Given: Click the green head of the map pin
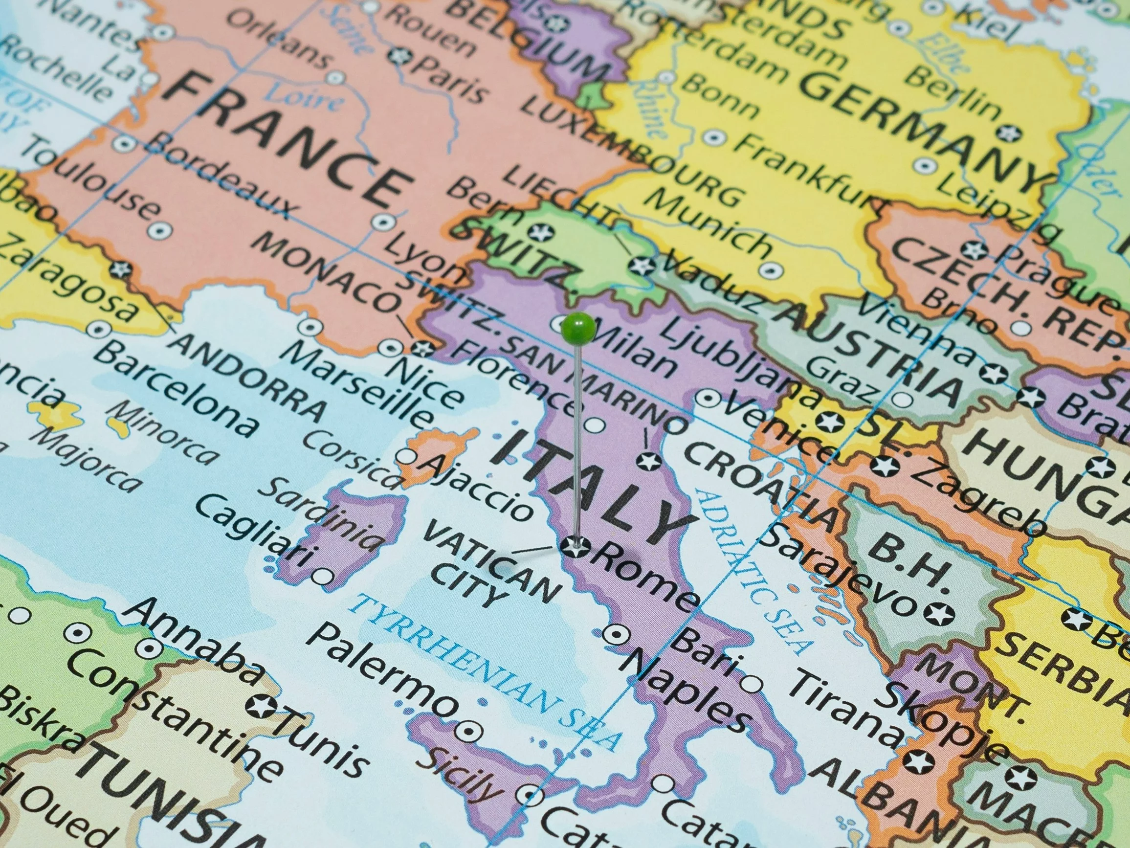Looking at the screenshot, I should tap(578, 327).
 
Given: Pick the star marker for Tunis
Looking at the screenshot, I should tap(261, 707).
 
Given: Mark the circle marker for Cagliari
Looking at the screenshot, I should tap(322, 577).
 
